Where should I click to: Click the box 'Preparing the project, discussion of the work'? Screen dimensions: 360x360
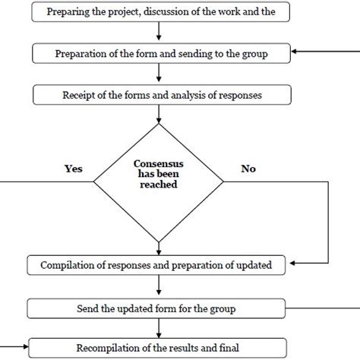157,11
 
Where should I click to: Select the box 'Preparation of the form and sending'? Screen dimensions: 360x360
157,52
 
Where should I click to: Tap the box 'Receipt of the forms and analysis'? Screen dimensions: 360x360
157,95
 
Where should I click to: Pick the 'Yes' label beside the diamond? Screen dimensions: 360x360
73,169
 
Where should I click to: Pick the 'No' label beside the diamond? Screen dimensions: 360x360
248,169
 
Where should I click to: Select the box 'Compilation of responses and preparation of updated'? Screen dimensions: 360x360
157,266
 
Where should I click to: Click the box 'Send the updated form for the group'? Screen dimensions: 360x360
157,308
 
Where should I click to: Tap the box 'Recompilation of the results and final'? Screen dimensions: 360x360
157,349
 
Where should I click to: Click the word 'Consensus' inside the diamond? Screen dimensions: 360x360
157,163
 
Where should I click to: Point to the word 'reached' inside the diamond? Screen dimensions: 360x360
157,183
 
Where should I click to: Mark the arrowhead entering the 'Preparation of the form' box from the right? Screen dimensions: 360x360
293,52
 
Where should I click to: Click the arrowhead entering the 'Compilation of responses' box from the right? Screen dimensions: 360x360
293,266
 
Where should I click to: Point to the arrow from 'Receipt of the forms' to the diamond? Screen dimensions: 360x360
157,114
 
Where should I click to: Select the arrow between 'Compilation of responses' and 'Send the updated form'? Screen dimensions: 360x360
157,287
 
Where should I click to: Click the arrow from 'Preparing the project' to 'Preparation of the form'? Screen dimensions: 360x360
157,32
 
